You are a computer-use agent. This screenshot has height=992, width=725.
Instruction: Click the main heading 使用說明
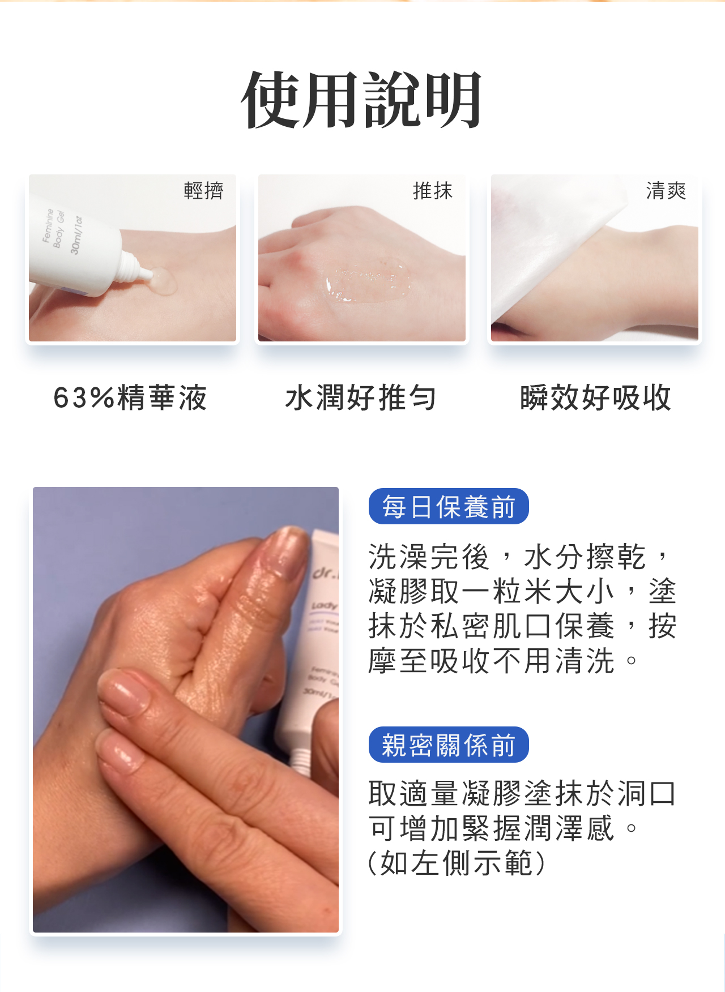361,101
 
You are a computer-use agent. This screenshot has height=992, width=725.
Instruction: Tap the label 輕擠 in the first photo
203,190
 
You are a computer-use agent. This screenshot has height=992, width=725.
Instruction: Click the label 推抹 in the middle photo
433,191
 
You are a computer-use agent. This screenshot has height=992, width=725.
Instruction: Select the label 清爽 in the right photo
666,191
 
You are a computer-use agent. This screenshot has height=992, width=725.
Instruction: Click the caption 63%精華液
130,397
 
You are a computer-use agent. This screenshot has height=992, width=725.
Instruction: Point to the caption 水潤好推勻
361,397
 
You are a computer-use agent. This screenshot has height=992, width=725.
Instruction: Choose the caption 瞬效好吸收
595,397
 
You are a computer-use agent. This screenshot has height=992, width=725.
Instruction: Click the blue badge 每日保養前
449,506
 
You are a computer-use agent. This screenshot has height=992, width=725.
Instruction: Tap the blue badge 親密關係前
449,745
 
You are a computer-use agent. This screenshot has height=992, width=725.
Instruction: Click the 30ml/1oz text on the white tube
76,235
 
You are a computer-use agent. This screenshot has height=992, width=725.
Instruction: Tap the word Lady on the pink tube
324,606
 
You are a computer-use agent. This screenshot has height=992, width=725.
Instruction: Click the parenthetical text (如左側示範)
457,863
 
